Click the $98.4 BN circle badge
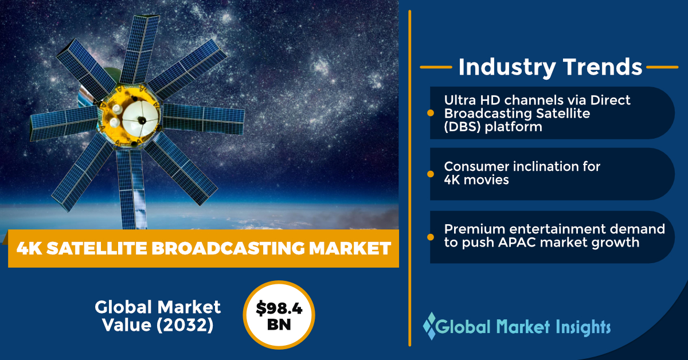tap(279, 315)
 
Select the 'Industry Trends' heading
tap(550, 67)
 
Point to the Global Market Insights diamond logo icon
tap(429, 327)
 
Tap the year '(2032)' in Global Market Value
tap(186, 324)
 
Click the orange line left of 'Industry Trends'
tap(436, 67)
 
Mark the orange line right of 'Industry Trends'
tap(662, 67)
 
